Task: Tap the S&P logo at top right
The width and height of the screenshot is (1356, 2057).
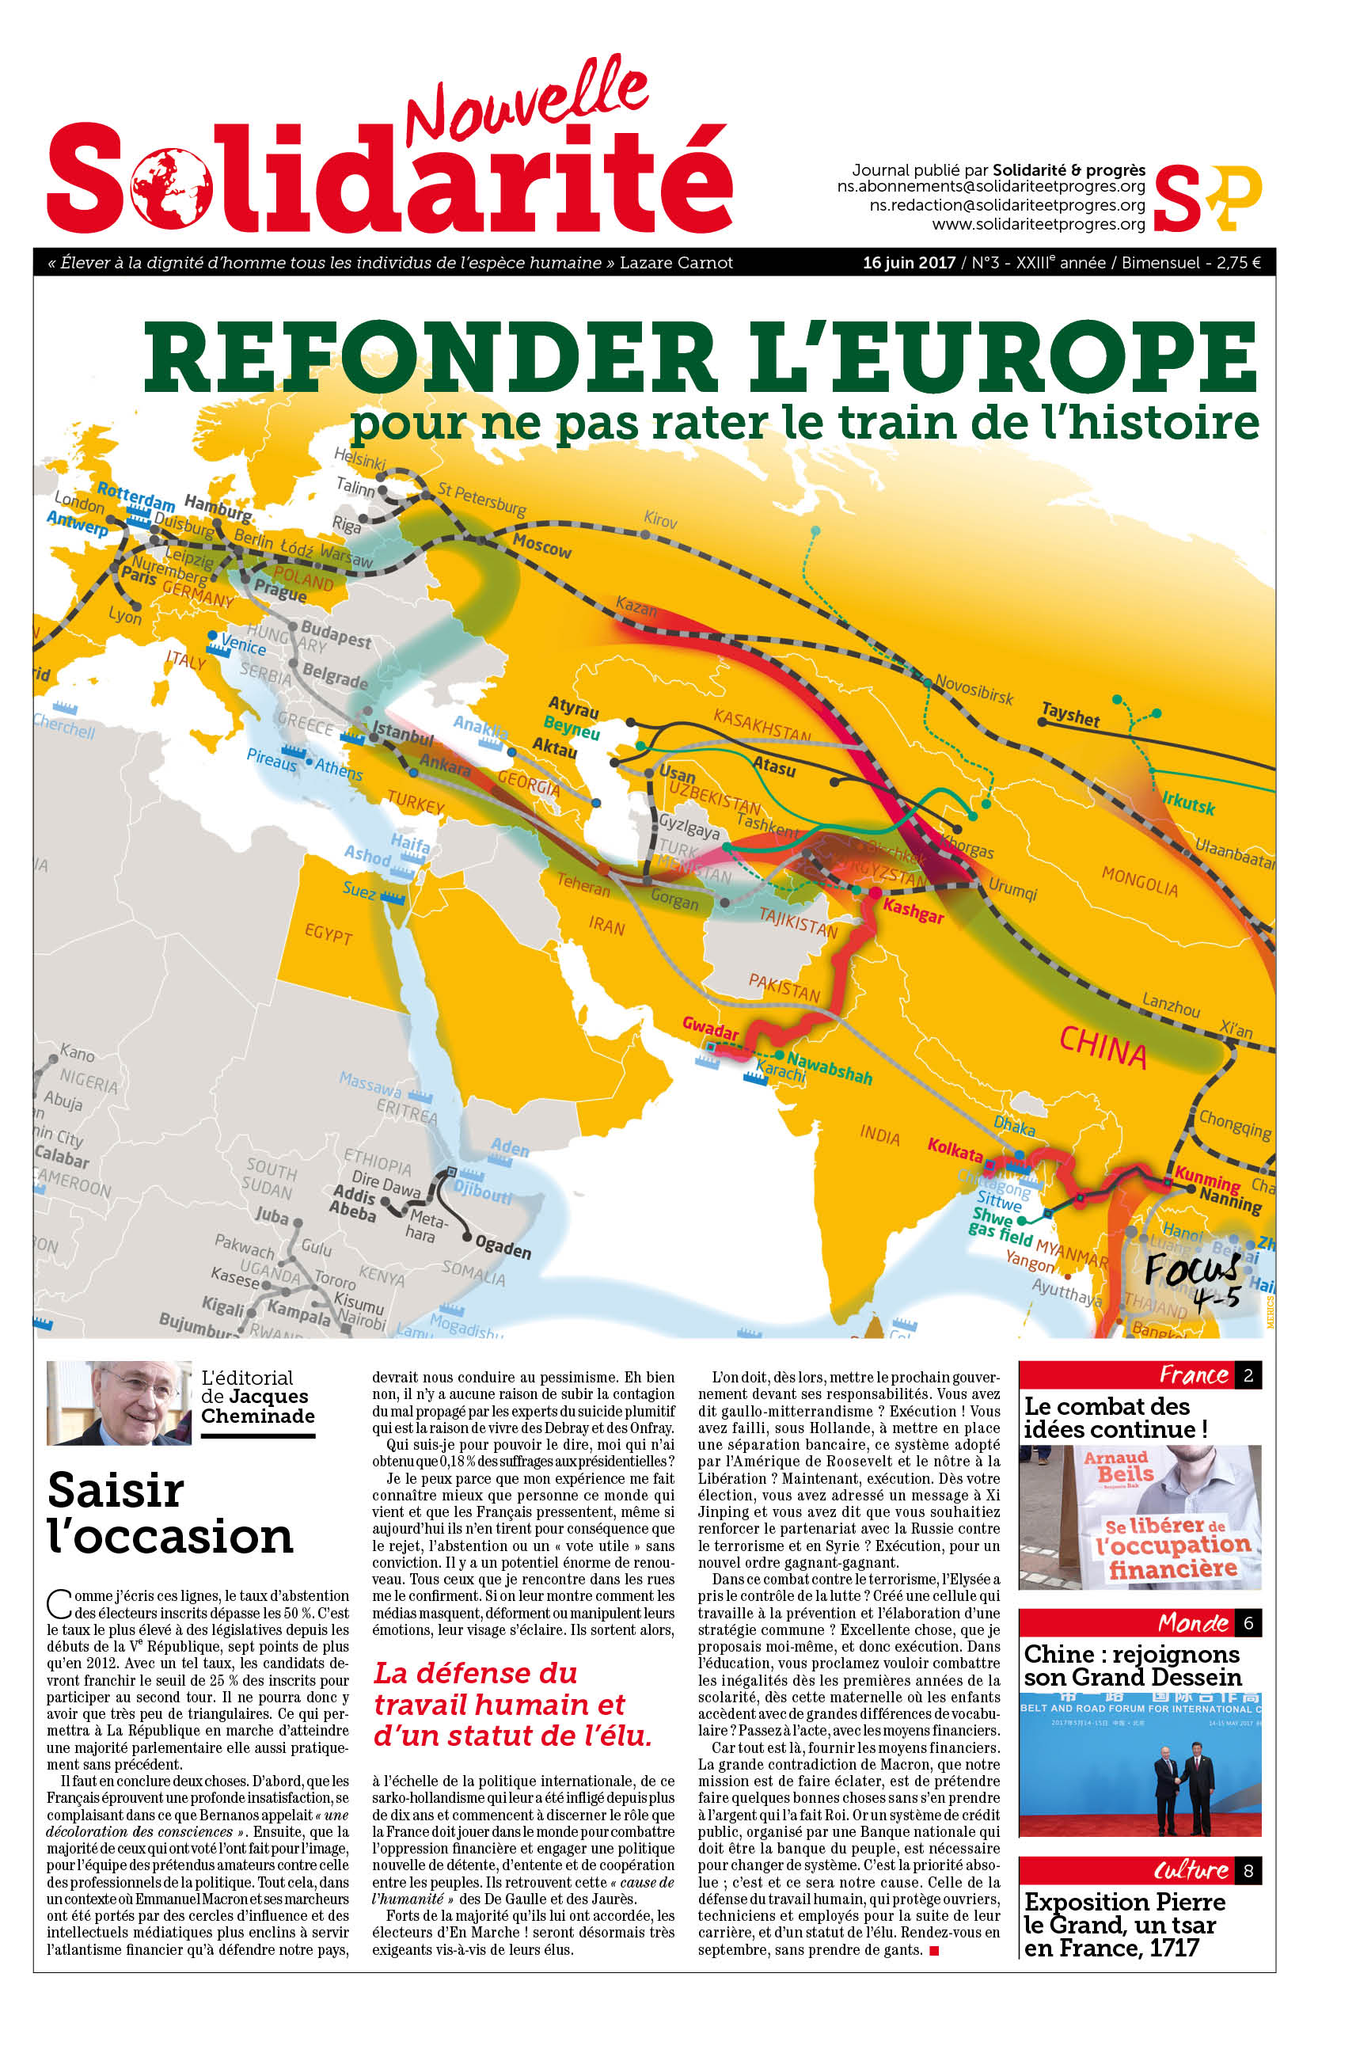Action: point(1207,197)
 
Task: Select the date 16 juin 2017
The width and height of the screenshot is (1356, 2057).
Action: point(908,263)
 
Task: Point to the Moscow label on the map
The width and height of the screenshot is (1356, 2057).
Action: point(542,545)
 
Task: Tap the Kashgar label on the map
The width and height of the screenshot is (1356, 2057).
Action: point(913,911)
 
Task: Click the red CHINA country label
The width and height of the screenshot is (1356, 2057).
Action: point(1103,1048)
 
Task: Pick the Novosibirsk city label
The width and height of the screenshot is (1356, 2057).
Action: point(974,690)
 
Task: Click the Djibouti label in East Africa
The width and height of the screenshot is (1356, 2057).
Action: point(484,1194)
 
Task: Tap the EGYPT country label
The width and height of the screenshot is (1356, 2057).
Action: point(328,934)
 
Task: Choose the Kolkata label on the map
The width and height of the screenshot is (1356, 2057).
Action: point(955,1150)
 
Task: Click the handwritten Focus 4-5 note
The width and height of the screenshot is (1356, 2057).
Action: point(1194,1280)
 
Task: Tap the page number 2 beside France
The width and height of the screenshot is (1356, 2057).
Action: point(1248,1375)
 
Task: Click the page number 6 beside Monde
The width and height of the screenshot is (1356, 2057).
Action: point(1248,1623)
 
